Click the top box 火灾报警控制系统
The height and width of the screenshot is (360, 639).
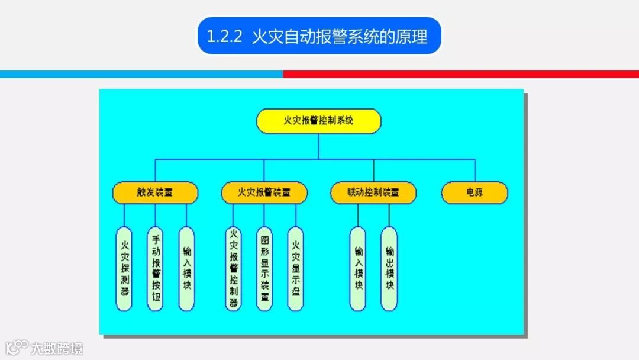click(318, 121)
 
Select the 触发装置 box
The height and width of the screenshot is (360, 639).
click(156, 192)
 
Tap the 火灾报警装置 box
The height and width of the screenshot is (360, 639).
click(264, 192)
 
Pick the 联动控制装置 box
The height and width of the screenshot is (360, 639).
click(373, 192)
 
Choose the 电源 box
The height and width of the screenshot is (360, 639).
click(475, 192)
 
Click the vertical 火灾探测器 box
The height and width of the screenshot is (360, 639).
click(124, 268)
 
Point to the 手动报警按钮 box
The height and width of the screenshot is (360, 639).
click(155, 268)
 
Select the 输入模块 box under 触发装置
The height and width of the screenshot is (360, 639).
click(186, 268)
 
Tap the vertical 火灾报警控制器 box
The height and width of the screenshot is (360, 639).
click(233, 268)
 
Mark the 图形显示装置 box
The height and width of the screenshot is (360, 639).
click(264, 268)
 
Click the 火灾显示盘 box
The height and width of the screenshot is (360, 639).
click(296, 268)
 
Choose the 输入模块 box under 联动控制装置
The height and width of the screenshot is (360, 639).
click(357, 268)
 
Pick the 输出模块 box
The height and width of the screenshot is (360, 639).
click(389, 268)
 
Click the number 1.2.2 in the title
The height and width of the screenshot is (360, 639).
click(224, 37)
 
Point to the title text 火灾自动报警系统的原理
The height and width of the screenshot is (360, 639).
click(339, 37)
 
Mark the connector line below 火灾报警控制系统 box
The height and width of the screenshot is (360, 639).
click(318, 146)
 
